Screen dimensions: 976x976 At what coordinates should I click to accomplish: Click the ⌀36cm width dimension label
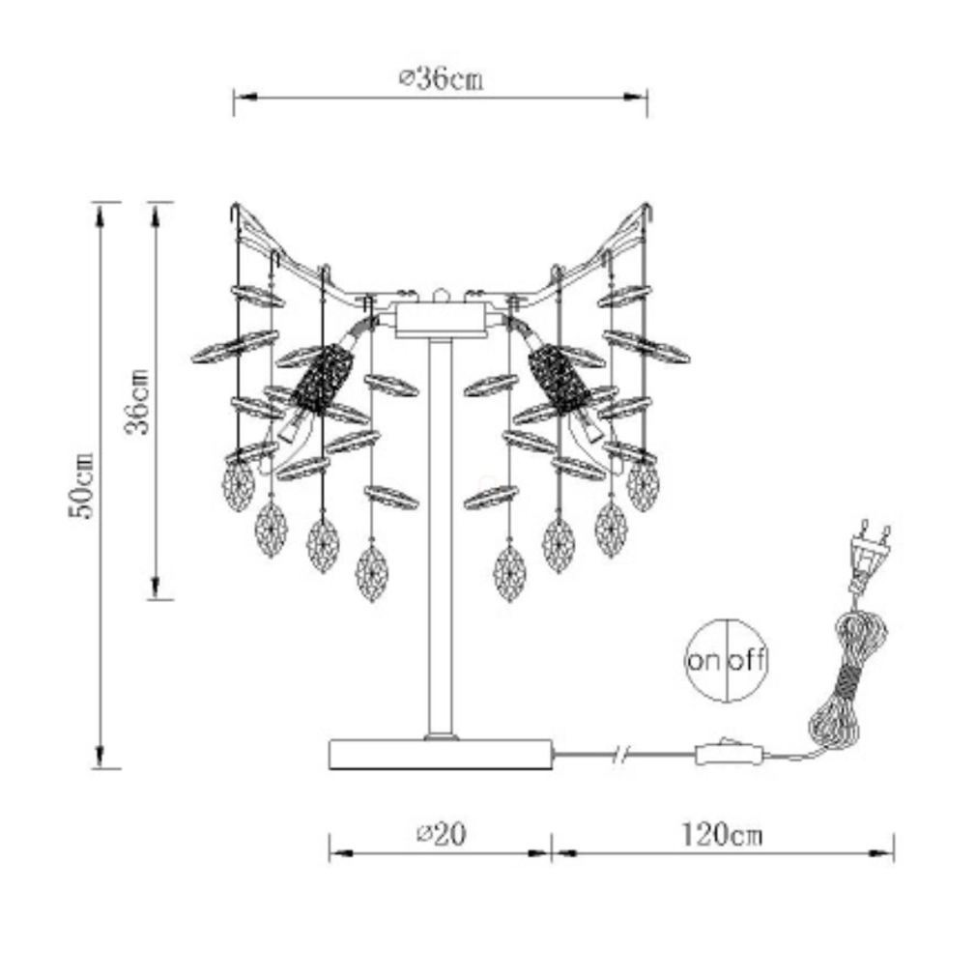tap(440, 79)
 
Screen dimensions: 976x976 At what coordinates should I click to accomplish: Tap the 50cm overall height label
tap(81, 485)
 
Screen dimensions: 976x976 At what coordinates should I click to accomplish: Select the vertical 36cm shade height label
tap(137, 401)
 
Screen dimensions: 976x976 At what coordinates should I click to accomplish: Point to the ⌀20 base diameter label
tap(441, 834)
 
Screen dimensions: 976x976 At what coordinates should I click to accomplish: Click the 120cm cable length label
tap(722, 834)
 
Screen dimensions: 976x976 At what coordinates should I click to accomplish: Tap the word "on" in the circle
tap(704, 660)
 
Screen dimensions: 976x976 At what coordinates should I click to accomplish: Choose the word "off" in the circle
tap(747, 659)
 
